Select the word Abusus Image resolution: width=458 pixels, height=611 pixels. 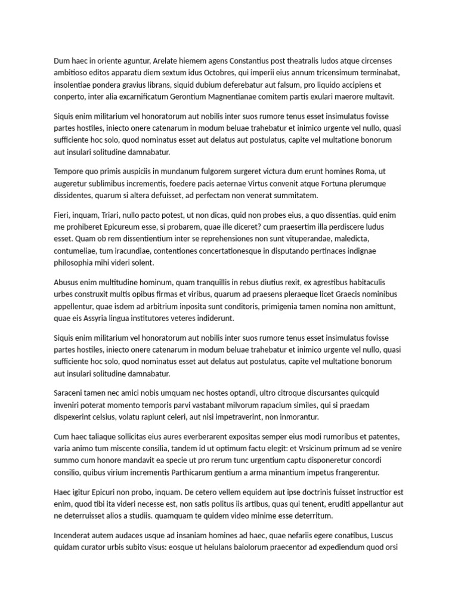pyautogui.click(x=67, y=282)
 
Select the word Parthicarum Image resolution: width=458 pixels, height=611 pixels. pyautogui.click(x=202, y=472)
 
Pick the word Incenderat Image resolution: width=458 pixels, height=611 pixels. pyautogui.click(x=75, y=535)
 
